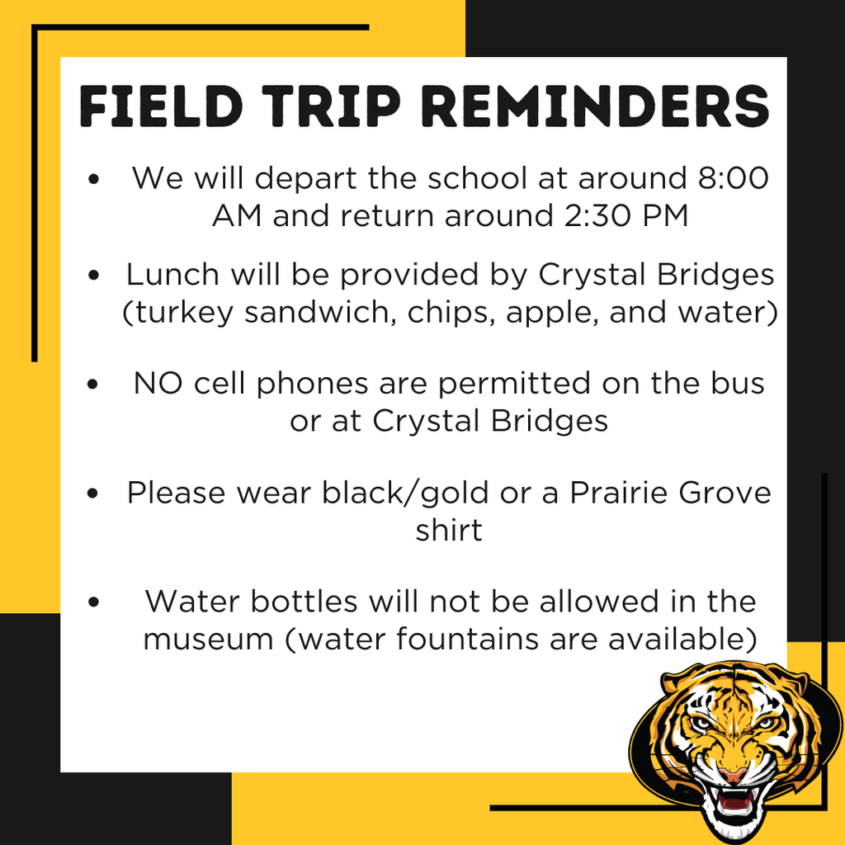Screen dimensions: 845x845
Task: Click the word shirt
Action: pos(449,530)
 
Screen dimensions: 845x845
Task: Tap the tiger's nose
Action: pos(731,774)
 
